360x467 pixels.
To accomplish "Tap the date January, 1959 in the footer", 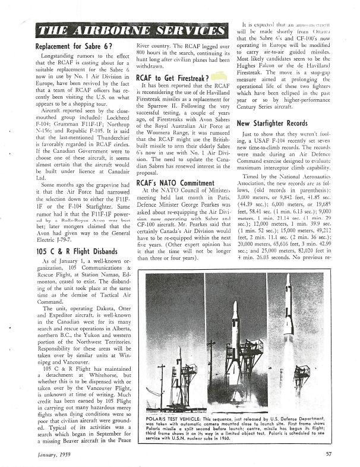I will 52,455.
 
